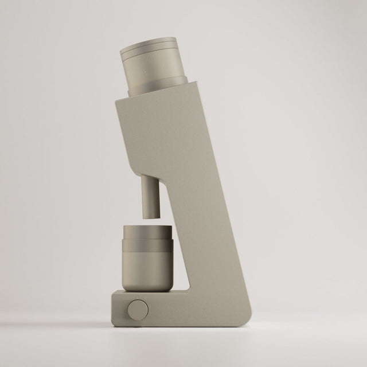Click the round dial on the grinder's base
(137, 310)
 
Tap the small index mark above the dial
(137, 296)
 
